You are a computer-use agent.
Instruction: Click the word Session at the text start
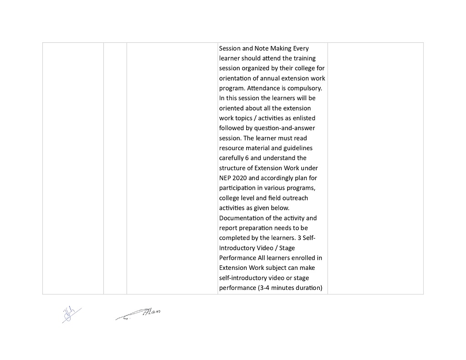[x=230, y=48]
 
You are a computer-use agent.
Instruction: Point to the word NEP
[x=225, y=178]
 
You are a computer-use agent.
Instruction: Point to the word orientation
[x=236, y=78]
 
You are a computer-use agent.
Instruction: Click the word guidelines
[x=298, y=148]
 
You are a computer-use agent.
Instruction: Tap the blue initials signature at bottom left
[x=71, y=314]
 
